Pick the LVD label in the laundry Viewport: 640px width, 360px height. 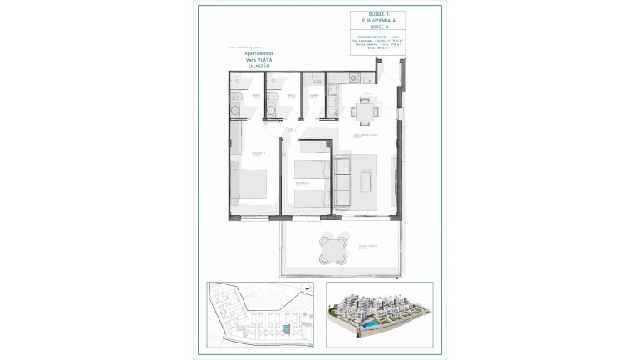pyautogui.click(x=317, y=81)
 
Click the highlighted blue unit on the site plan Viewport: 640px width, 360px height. pyautogui.click(x=285, y=331)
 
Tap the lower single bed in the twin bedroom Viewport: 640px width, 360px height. pyautogui.click(x=312, y=198)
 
